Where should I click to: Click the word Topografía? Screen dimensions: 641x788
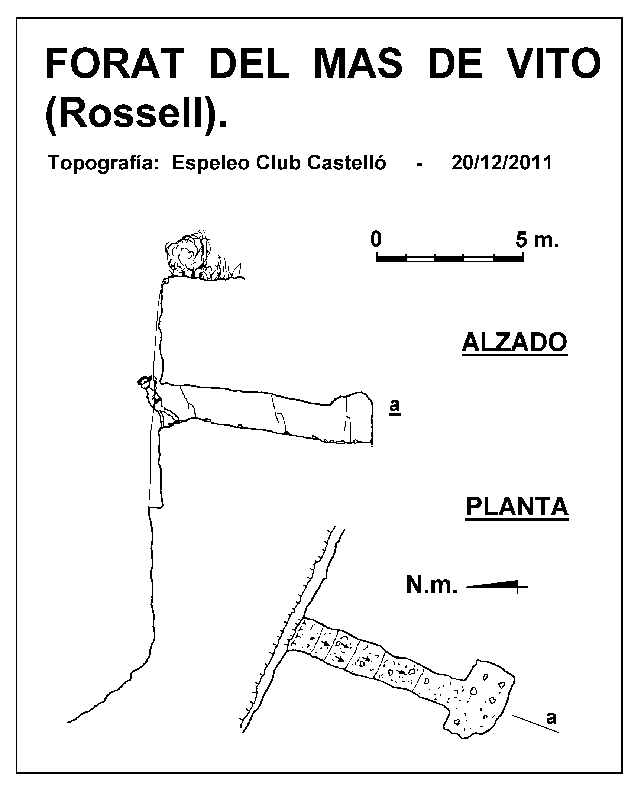[101, 163]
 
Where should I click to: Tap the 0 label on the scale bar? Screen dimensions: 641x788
[376, 240]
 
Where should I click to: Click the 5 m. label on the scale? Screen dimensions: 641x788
[537, 240]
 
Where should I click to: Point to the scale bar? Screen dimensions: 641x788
[450, 257]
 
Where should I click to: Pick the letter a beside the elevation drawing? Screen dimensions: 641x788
[395, 406]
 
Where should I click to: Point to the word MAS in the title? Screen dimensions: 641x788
[359, 64]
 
